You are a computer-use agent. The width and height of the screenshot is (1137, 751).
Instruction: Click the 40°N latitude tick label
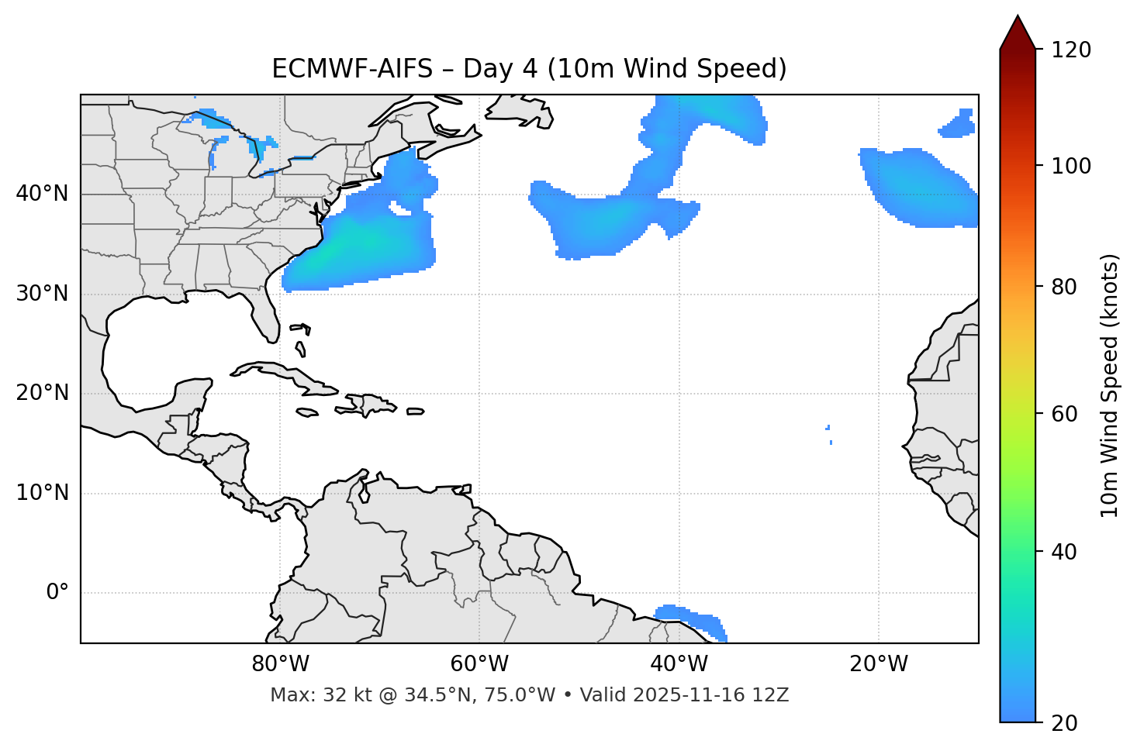42,194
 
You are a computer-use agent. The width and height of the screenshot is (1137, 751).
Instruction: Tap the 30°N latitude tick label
42,294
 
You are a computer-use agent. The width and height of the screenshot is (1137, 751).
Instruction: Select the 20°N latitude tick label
42,393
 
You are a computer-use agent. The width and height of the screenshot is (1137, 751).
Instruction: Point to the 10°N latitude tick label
42,493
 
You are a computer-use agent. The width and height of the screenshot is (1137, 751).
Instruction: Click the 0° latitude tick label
57,593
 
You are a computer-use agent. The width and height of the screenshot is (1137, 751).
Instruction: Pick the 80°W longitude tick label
280,664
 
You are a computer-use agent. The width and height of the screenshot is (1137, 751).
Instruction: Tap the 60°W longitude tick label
479,664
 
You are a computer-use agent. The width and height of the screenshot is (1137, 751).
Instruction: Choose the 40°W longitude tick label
679,664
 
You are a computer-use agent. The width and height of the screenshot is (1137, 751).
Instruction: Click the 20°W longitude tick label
878,664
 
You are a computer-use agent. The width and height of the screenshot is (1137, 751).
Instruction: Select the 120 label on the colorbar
1071,50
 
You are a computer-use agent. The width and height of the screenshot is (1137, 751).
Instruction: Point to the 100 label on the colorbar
1071,166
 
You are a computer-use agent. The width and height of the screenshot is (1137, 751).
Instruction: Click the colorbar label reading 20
1065,723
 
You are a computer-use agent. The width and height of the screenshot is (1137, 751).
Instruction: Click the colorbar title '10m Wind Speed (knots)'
1110,385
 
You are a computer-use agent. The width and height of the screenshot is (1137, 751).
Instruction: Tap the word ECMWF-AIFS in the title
352,69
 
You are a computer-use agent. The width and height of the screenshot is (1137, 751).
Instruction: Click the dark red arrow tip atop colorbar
1018,31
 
